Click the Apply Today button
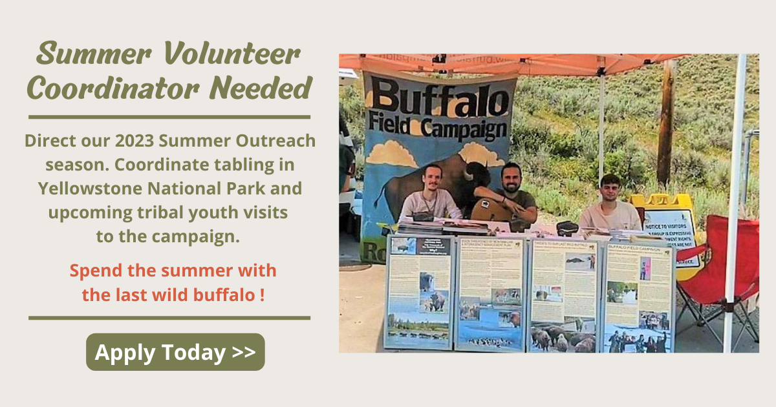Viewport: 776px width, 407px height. (175, 352)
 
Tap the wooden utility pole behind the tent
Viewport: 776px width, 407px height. (665, 123)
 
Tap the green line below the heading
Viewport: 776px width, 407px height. (169, 117)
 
